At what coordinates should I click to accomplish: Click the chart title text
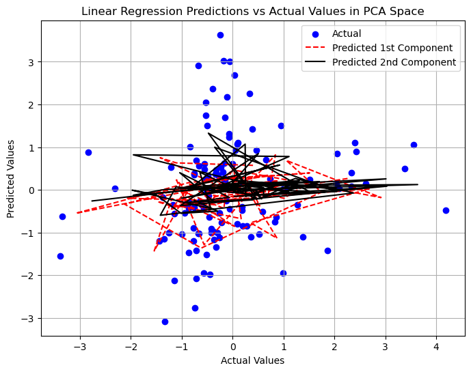point(253,11)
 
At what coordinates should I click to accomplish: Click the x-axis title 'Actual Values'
point(252,360)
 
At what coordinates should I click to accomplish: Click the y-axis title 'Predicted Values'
point(10,177)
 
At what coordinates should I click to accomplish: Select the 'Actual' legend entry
point(347,33)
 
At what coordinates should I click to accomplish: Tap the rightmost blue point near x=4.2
point(446,210)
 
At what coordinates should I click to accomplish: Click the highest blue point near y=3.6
point(220,35)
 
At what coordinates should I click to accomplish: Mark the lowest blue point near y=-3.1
point(165,321)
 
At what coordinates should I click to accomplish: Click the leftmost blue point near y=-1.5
point(60,256)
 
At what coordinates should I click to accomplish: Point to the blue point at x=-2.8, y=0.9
point(88,152)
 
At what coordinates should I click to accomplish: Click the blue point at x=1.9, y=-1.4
point(327,251)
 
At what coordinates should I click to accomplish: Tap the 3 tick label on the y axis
point(31,62)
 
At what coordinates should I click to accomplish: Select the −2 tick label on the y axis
point(28,276)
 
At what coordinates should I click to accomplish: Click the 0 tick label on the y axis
point(31,190)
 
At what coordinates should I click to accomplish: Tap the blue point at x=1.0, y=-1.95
point(283,273)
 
